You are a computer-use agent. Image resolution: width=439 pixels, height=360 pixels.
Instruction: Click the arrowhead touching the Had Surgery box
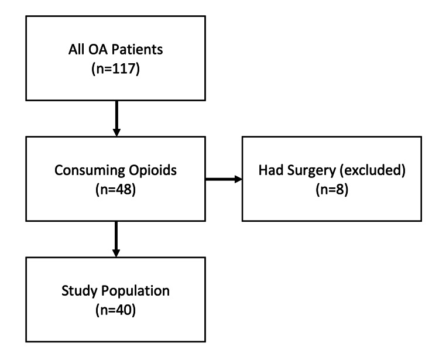238,179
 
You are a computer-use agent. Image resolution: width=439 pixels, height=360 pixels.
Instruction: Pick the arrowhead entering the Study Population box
115,253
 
